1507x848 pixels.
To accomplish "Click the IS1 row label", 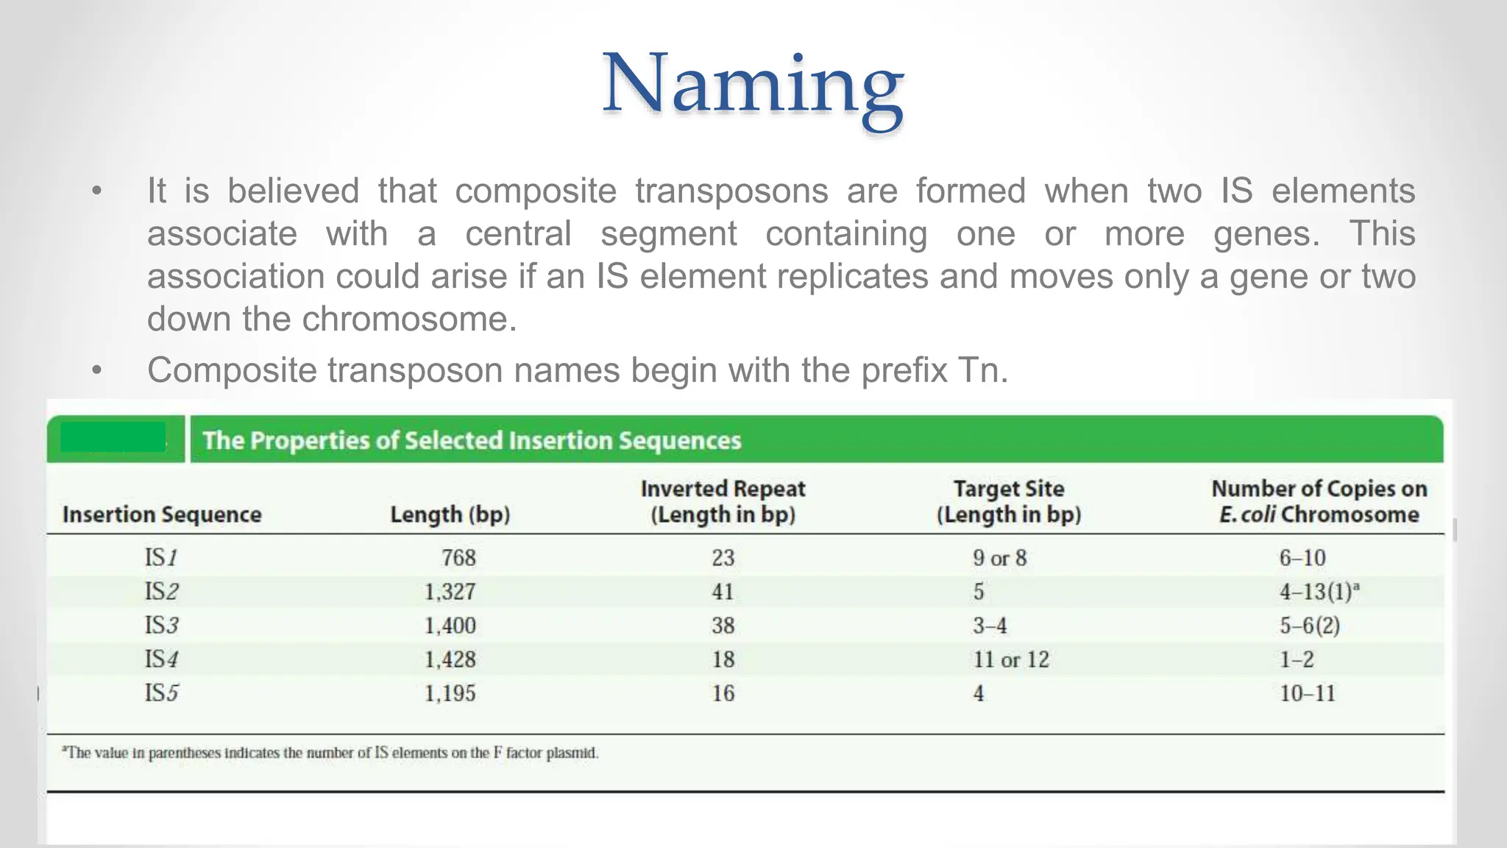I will (161, 557).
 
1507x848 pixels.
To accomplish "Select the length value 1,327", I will (450, 591).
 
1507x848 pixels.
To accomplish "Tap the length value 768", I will (458, 557).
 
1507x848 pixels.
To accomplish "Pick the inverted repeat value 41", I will (723, 591).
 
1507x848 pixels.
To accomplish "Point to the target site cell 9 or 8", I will (999, 557).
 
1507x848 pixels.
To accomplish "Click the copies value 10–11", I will (1307, 693).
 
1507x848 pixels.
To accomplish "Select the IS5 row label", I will (161, 693).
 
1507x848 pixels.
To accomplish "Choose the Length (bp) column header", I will (450, 514).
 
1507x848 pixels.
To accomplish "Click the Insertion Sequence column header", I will (162, 514).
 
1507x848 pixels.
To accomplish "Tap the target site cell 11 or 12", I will (1011, 659).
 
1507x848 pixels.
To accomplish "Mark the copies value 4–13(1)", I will (1318, 591).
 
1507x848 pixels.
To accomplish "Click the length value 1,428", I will (450, 659).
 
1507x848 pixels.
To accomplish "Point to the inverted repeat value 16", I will (723, 693).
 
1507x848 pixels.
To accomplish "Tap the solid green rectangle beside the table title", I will (113, 437).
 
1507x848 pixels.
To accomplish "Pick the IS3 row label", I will (161, 625).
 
